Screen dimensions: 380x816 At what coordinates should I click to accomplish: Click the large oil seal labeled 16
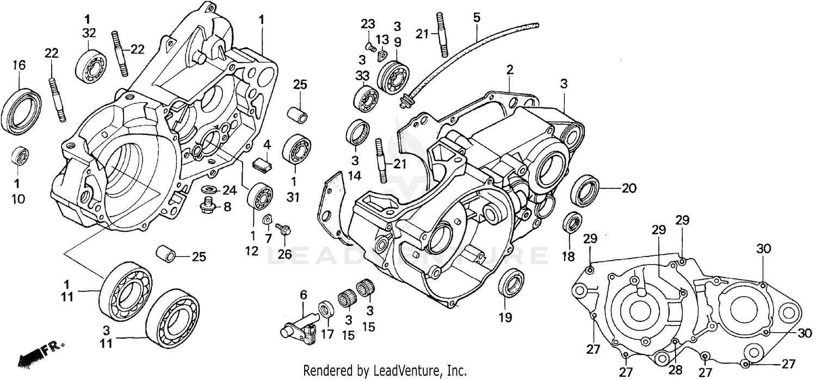point(21,111)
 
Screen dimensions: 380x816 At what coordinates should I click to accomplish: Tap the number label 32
point(89,33)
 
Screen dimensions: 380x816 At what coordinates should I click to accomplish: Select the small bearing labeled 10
point(20,156)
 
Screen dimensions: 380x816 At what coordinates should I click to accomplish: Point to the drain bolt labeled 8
point(207,207)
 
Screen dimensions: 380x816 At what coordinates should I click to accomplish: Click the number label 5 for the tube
point(477,18)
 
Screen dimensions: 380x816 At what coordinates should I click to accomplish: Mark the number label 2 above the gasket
point(510,69)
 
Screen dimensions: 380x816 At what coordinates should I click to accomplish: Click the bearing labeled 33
point(366,99)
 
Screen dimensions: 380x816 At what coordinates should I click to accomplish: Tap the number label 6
point(303,295)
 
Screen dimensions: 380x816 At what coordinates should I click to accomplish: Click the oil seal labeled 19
point(511,283)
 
